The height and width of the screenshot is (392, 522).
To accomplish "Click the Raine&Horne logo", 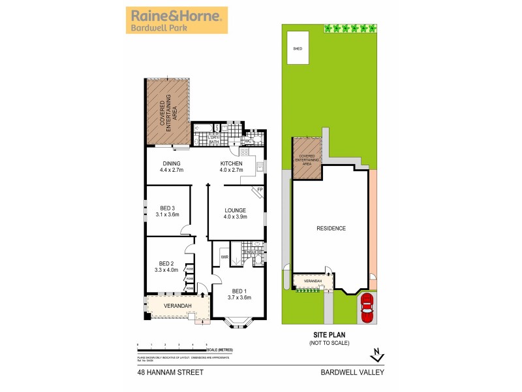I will [176, 20].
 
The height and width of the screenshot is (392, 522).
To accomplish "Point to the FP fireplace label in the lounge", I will [259, 191].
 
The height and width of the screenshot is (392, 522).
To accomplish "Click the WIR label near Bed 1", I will [224, 257].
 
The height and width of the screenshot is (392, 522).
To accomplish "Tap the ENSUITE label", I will [253, 252].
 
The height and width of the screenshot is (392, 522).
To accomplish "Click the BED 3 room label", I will [168, 208].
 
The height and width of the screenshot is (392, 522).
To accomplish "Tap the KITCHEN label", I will [231, 163].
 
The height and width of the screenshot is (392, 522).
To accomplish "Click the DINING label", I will [171, 163].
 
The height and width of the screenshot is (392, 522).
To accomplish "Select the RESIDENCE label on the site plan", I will [331, 228].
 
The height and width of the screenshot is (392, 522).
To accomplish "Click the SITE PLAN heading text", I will [330, 335].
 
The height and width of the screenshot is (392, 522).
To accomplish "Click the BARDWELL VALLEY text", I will [353, 372].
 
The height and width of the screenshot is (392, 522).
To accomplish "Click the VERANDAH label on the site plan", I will [313, 281].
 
